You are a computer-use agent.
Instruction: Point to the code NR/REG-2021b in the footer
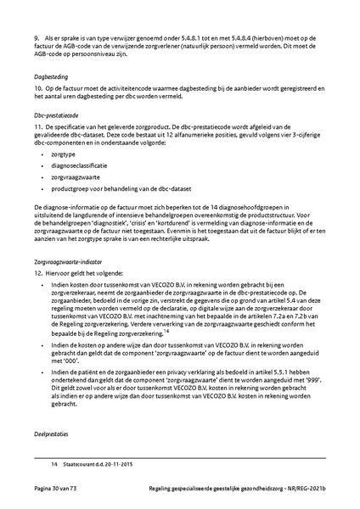tap(301, 491)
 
